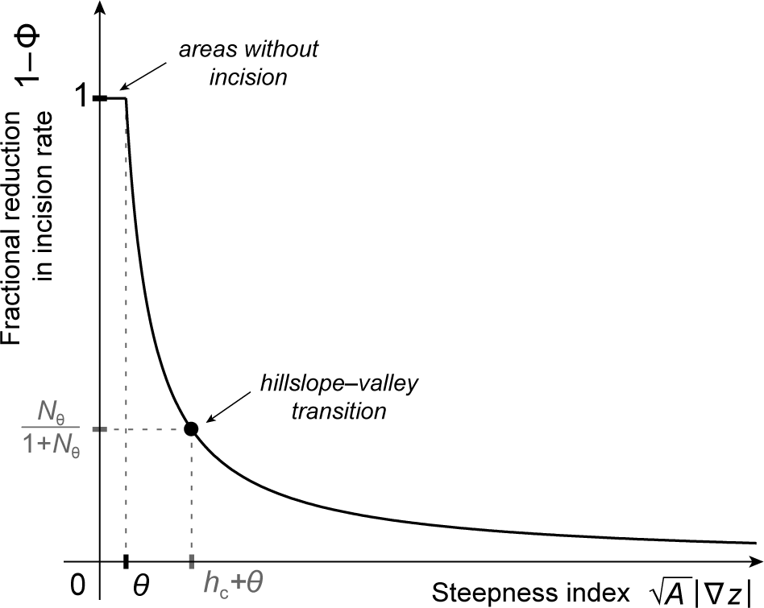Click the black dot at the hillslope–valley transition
click(191, 428)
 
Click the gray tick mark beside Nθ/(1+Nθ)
click(99, 429)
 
